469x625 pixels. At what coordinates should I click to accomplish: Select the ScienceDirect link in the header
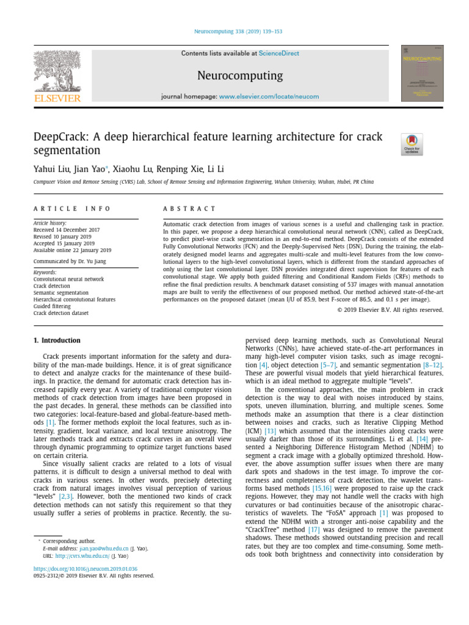279,54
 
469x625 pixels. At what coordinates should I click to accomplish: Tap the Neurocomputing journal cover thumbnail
422,73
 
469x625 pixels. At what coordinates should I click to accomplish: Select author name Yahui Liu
51,168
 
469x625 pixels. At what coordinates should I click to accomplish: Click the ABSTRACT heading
190,209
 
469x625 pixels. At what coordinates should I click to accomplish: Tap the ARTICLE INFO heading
72,209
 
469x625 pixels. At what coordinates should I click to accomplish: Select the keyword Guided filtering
53,306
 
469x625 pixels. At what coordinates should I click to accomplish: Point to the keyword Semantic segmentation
62,292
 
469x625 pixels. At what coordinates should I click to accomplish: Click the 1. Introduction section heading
57,340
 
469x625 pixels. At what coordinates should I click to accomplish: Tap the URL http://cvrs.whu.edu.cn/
82,556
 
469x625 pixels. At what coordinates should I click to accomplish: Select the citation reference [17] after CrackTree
314,530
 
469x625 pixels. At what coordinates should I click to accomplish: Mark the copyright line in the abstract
390,309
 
